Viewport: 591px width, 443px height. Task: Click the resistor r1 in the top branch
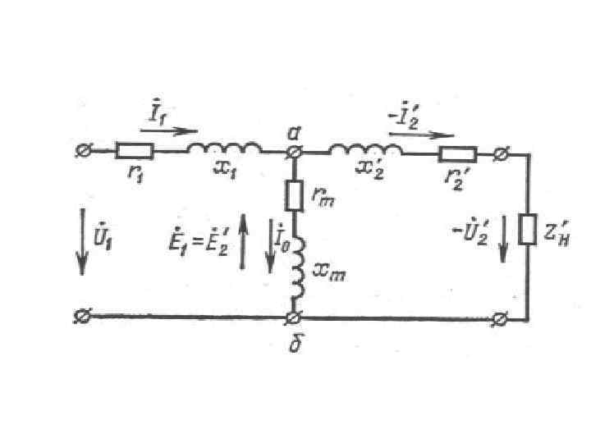(x=134, y=151)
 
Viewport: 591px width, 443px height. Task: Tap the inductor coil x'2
(x=366, y=149)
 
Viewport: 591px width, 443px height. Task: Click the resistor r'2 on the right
(x=458, y=152)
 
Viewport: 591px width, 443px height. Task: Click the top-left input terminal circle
(x=82, y=151)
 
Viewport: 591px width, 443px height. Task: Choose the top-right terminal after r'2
(x=501, y=152)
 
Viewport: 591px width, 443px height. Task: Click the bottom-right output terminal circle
(x=501, y=317)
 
